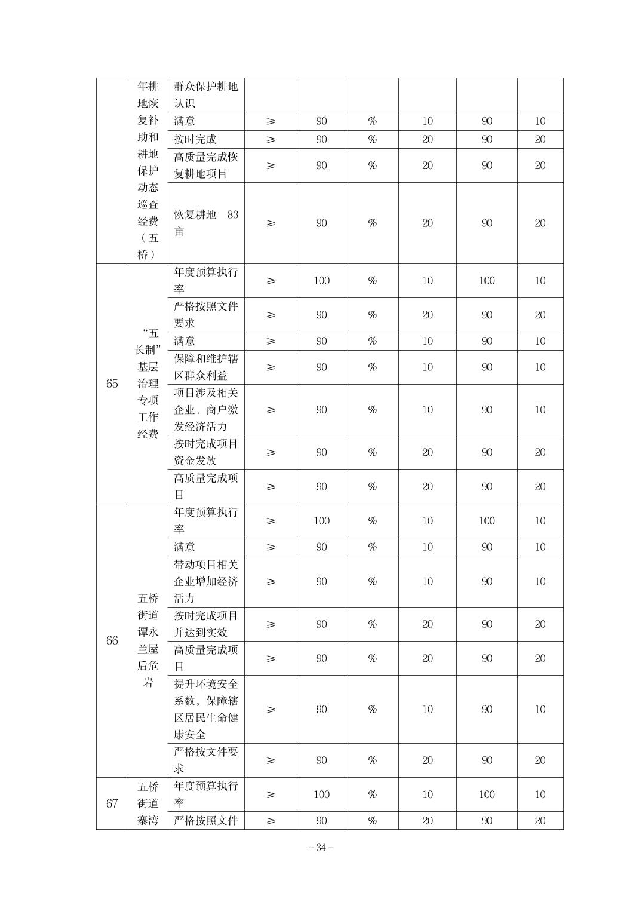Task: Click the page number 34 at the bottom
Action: (x=321, y=847)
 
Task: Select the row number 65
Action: (x=112, y=384)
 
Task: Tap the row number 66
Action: (x=112, y=640)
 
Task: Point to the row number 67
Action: (x=112, y=803)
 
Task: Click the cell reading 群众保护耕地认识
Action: (x=205, y=94)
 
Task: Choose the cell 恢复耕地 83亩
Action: (x=205, y=223)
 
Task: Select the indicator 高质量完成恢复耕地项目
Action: (x=205, y=165)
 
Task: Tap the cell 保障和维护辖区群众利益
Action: (x=205, y=367)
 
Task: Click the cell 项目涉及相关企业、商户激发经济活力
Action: (x=205, y=410)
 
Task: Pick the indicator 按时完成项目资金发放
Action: (x=205, y=452)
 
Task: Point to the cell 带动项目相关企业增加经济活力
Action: (x=205, y=581)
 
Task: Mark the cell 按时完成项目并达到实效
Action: (x=205, y=624)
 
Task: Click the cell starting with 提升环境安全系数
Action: (x=205, y=709)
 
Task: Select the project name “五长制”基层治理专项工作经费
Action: (x=148, y=384)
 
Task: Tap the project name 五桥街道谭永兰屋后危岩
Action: (x=148, y=640)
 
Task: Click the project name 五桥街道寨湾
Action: (x=148, y=803)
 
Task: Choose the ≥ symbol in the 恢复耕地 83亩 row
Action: (x=271, y=223)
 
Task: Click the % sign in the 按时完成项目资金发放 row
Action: (x=372, y=452)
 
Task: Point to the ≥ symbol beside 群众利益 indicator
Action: (x=271, y=367)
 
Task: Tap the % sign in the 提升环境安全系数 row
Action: (x=372, y=709)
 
